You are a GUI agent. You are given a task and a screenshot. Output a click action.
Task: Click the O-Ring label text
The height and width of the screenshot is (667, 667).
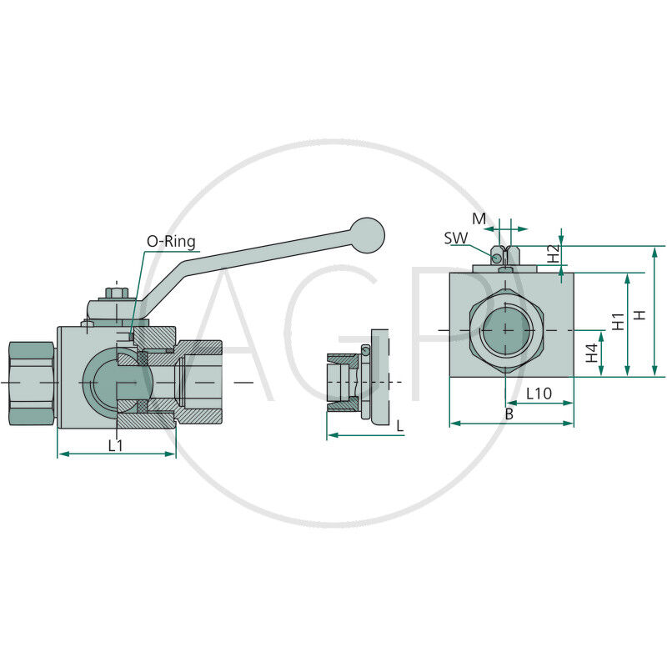click(171, 242)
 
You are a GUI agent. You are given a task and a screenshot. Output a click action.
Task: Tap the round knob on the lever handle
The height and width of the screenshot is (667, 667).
click(369, 235)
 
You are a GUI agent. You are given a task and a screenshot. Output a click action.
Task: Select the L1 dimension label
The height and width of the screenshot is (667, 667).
click(115, 445)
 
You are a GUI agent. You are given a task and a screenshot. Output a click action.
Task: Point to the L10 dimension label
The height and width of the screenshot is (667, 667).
click(539, 394)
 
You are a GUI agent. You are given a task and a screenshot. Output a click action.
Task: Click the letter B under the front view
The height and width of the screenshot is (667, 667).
click(509, 414)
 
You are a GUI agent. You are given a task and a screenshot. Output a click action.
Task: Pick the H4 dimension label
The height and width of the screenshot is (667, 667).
click(592, 353)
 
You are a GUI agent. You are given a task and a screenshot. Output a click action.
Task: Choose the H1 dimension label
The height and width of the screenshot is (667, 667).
click(618, 322)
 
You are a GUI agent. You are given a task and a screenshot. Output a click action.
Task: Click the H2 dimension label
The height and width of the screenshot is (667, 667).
click(553, 253)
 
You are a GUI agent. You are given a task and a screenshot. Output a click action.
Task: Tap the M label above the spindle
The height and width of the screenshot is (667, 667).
click(479, 218)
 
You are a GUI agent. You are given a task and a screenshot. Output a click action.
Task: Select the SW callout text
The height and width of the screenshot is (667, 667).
click(455, 238)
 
